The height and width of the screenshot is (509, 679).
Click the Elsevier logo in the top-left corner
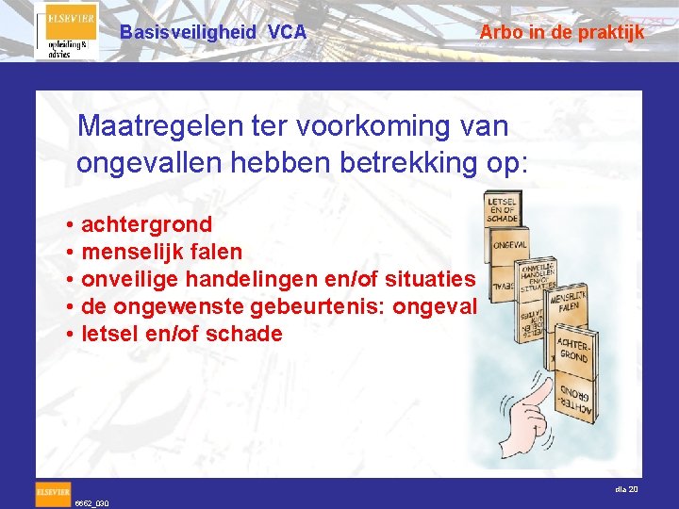pos(66,31)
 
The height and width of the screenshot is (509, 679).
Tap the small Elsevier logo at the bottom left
pos(53,492)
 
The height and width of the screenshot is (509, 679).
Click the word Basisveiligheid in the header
pos(188,32)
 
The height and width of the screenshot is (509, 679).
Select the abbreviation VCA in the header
pos(287,32)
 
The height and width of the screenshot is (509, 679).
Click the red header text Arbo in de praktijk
pos(561,32)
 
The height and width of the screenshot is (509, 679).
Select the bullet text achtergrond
pos(146,224)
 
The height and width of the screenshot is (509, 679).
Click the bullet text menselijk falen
pos(161,252)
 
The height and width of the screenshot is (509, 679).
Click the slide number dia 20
pos(626,489)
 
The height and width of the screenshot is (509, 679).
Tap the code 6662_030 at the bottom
pos(92,503)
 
